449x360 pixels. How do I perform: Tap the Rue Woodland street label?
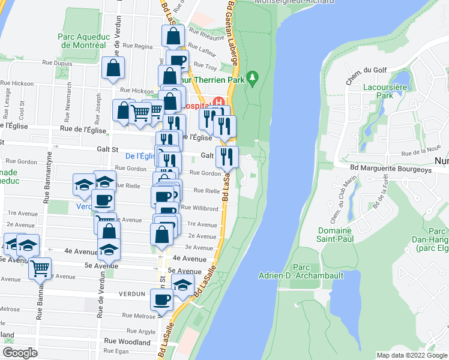pyautogui.click(x=127, y=341)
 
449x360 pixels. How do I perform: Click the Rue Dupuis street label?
pyautogui.click(x=57, y=62)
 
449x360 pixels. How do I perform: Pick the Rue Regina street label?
pyautogui.click(x=139, y=46)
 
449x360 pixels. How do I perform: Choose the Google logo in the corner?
pyautogui.click(x=20, y=353)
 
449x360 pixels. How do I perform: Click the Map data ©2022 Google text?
pyautogui.click(x=411, y=355)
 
